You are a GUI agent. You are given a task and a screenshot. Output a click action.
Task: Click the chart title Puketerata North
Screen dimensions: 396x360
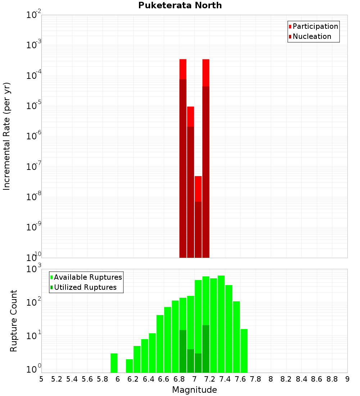pos(180,5)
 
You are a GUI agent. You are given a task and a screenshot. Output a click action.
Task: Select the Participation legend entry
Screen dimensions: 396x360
pos(313,26)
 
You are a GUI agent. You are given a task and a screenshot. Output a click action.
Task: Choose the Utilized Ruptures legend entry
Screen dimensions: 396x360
pos(83,287)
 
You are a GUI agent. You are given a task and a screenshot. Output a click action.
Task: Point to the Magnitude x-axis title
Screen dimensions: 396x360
pos(194,390)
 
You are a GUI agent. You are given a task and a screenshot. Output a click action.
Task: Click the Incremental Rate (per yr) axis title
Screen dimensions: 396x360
pos(7,136)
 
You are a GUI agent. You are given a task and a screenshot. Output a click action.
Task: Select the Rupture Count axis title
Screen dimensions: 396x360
pos(14,320)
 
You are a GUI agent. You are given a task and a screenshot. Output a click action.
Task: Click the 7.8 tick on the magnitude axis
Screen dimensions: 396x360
pos(256,379)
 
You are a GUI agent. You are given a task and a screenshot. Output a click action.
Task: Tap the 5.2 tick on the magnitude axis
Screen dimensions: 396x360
pos(57,379)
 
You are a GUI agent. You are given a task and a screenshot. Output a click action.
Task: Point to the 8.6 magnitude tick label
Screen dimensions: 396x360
pos(317,379)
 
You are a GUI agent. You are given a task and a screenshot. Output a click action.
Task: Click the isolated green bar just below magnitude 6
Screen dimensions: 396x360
pos(114,363)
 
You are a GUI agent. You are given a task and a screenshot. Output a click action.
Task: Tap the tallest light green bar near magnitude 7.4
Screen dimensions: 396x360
pos(221,324)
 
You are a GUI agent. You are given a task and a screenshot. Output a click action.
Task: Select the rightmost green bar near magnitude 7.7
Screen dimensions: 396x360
pos(244,351)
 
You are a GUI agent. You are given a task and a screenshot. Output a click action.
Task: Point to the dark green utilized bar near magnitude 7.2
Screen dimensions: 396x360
pos(206,348)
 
